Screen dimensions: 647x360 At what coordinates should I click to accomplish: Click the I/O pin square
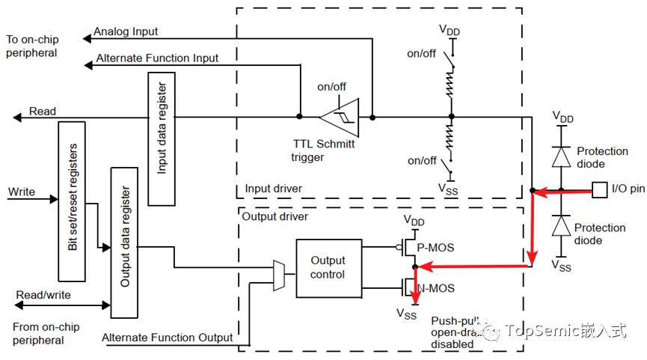click(600, 190)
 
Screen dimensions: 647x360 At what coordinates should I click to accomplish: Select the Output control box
click(329, 268)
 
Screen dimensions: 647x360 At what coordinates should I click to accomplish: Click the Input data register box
click(162, 138)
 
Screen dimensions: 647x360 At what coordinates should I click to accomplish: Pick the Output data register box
click(124, 242)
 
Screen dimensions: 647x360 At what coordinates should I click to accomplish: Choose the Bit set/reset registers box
click(72, 201)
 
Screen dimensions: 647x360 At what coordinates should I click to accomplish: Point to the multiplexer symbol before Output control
click(279, 275)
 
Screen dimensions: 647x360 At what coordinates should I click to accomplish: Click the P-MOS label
click(435, 248)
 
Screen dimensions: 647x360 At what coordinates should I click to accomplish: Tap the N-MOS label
click(436, 288)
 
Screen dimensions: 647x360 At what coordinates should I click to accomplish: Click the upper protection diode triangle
click(561, 156)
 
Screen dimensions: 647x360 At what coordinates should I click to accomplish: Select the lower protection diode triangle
click(561, 225)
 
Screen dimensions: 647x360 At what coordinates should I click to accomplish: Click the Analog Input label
click(126, 31)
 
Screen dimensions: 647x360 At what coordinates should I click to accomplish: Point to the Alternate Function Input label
click(157, 58)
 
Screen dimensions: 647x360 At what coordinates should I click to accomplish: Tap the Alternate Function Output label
click(167, 338)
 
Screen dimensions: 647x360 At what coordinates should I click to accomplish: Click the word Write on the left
click(22, 192)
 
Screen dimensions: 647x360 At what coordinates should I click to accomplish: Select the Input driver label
click(273, 189)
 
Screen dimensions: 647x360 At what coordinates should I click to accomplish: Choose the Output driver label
click(275, 217)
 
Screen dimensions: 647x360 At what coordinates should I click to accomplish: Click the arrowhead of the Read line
click(17, 118)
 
